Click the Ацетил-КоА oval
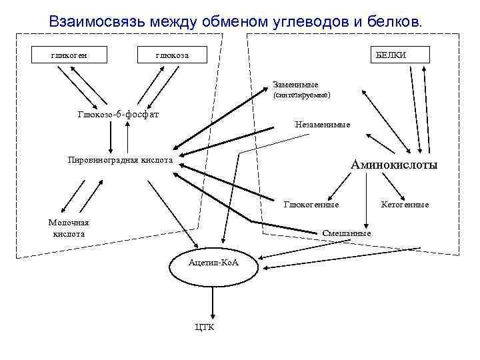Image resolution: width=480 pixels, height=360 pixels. click(x=213, y=264)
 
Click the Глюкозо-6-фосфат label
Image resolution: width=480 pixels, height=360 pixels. click(x=119, y=114)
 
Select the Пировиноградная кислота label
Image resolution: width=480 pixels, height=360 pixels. click(x=121, y=160)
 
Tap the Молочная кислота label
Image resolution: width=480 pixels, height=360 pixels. click(x=69, y=229)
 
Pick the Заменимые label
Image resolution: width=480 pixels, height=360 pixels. click(x=295, y=85)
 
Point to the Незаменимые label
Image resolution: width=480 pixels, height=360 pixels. click(x=322, y=125)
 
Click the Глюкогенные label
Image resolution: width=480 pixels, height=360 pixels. click(x=311, y=205)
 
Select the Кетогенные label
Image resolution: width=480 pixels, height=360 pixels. click(x=405, y=205)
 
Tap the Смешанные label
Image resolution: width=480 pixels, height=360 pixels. click(x=346, y=233)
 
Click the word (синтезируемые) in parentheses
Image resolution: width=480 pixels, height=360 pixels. click(x=302, y=96)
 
